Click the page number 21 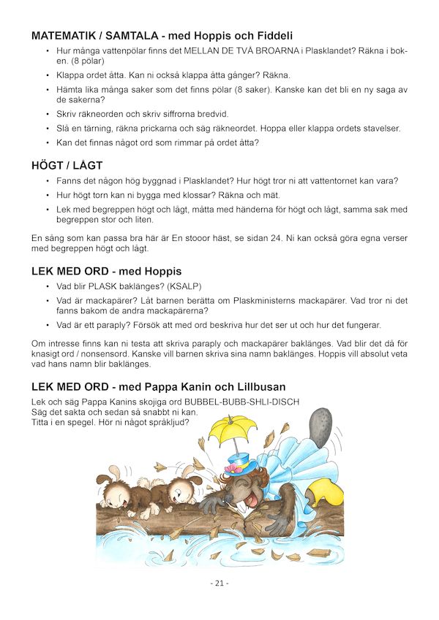click(219, 583)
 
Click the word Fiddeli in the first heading click(271, 35)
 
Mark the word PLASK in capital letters click(103, 287)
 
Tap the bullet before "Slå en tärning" click(48, 129)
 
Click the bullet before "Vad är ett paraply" click(48, 325)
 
